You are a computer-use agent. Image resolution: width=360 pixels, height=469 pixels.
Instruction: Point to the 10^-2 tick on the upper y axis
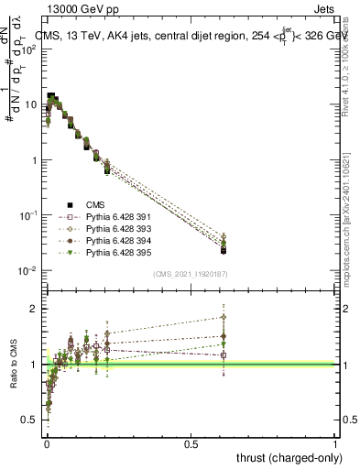tap(27, 271)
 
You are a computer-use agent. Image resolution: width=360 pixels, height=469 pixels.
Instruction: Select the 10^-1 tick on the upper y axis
tap(27, 215)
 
